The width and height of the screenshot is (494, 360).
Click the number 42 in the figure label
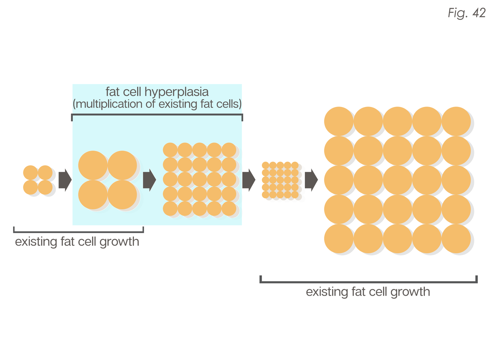coord(479,13)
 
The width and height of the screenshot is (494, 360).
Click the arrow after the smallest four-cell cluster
coord(65,180)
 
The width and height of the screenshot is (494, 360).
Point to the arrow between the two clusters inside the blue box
coord(149,180)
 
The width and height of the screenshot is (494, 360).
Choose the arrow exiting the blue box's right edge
coord(249,180)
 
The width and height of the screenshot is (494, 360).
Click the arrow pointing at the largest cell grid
coord(311,180)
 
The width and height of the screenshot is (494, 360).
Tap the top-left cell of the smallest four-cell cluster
coord(30,172)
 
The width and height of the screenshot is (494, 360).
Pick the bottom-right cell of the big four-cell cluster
coord(122,195)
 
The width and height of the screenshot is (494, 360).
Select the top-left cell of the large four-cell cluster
coord(93,165)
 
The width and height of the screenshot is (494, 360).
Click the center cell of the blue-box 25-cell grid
coord(200,179)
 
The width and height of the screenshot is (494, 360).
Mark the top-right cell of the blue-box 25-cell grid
coord(229,150)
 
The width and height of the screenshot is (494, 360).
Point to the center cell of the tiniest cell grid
coord(280,180)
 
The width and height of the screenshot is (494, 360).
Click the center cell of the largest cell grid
coord(397,180)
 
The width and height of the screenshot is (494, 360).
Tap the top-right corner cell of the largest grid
coord(456,121)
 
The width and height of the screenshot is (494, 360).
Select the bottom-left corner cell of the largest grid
coord(338,239)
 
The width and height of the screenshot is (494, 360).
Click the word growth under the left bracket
coord(119,242)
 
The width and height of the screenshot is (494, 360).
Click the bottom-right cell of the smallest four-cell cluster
coord(45,187)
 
